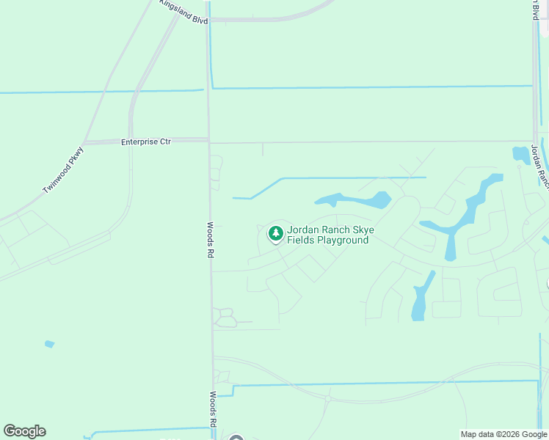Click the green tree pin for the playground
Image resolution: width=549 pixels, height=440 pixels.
pyautogui.click(x=276, y=234)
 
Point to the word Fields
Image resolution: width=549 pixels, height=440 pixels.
pyautogui.click(x=301, y=240)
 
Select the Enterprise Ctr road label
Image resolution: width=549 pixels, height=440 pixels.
pyautogui.click(x=145, y=142)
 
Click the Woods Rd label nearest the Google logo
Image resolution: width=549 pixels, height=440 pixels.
pyautogui.click(x=211, y=409)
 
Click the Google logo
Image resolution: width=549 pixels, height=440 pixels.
pyautogui.click(x=24, y=431)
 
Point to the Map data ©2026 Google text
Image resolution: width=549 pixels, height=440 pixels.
pyautogui.click(x=503, y=434)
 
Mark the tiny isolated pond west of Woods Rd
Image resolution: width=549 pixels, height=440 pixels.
pyautogui.click(x=49, y=343)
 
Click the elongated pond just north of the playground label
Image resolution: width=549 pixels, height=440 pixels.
pyautogui.click(x=354, y=199)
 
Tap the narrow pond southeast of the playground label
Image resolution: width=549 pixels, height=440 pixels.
pyautogui.click(x=420, y=297)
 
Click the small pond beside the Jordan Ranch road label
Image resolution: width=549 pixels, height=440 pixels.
pyautogui.click(x=521, y=154)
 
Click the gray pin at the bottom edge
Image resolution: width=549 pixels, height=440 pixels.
pyautogui.click(x=236, y=438)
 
